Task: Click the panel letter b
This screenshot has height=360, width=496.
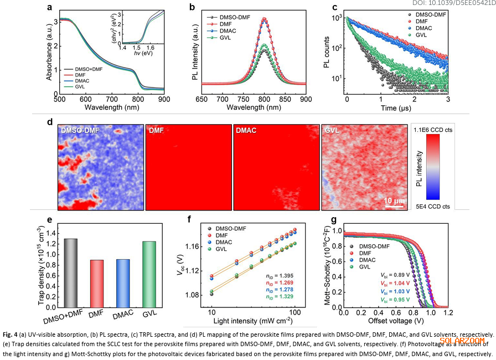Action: coord(192,8)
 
